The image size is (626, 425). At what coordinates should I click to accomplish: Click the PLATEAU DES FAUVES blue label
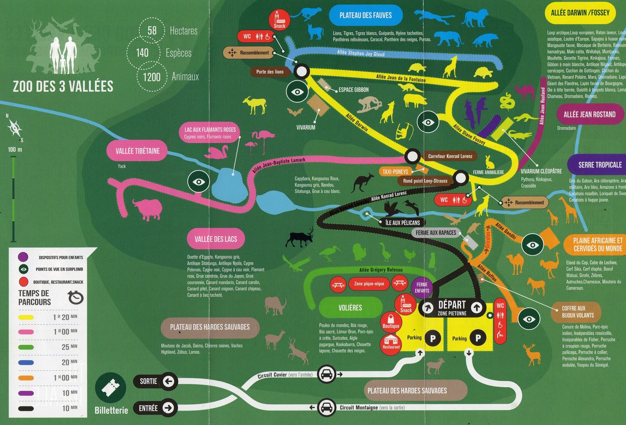pos(365,15)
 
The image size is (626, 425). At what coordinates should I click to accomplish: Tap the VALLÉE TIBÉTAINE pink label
pos(138,151)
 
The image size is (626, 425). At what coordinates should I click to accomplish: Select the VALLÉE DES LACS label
pos(215,239)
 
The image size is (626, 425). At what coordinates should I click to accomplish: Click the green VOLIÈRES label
pos(350,307)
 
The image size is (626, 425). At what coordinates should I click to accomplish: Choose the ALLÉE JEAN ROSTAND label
pos(589,114)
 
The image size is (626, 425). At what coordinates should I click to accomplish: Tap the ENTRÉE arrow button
pos(168,408)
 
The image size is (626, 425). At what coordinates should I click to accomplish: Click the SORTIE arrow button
pos(168,381)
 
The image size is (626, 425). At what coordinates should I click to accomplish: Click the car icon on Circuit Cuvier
pos(327,374)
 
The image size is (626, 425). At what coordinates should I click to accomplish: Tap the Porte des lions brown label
pos(270,72)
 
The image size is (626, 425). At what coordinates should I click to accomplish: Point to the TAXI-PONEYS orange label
pos(396,171)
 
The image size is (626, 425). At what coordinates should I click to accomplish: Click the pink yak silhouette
pos(147,209)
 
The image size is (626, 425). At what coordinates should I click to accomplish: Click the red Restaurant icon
pos(391,342)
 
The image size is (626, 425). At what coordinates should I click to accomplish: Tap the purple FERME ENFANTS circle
pos(422,287)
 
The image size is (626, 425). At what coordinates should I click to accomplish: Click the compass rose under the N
pos(15,127)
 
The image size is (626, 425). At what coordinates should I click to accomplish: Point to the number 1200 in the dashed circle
pos(151,76)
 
